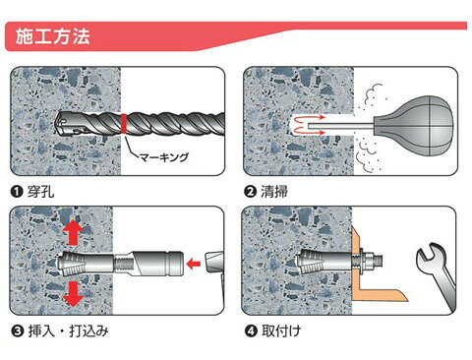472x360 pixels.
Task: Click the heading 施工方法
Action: coord(53,36)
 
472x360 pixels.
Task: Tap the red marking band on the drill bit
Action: coord(124,123)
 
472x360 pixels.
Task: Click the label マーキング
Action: coord(164,157)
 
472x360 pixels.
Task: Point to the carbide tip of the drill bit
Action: coord(63,123)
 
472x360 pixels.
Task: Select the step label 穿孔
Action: coord(40,192)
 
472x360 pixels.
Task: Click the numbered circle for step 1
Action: coord(17,192)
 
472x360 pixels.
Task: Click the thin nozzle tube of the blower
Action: coord(341,125)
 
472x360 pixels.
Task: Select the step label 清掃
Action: coord(274,192)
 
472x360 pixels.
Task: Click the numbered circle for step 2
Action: coord(250,192)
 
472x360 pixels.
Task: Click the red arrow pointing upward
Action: coord(73,232)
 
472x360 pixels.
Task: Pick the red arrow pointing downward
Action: coord(73,294)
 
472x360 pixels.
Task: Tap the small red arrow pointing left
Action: coord(194,264)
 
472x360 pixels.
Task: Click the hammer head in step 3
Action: coord(214,263)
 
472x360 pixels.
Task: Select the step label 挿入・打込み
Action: coord(68,331)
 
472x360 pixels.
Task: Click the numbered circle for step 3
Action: coord(18,331)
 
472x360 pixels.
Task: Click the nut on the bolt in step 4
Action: coord(369,262)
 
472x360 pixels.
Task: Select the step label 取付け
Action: coord(281,331)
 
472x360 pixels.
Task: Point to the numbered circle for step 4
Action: coord(251,331)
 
